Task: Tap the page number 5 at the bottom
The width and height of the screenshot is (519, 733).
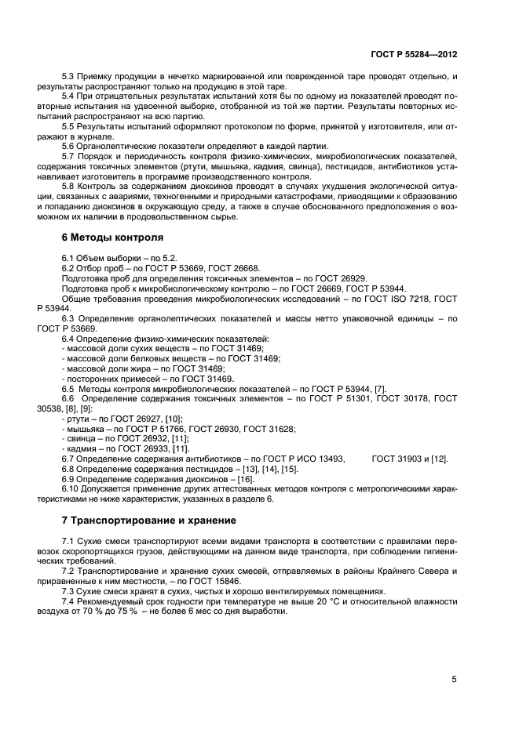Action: click(454, 680)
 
